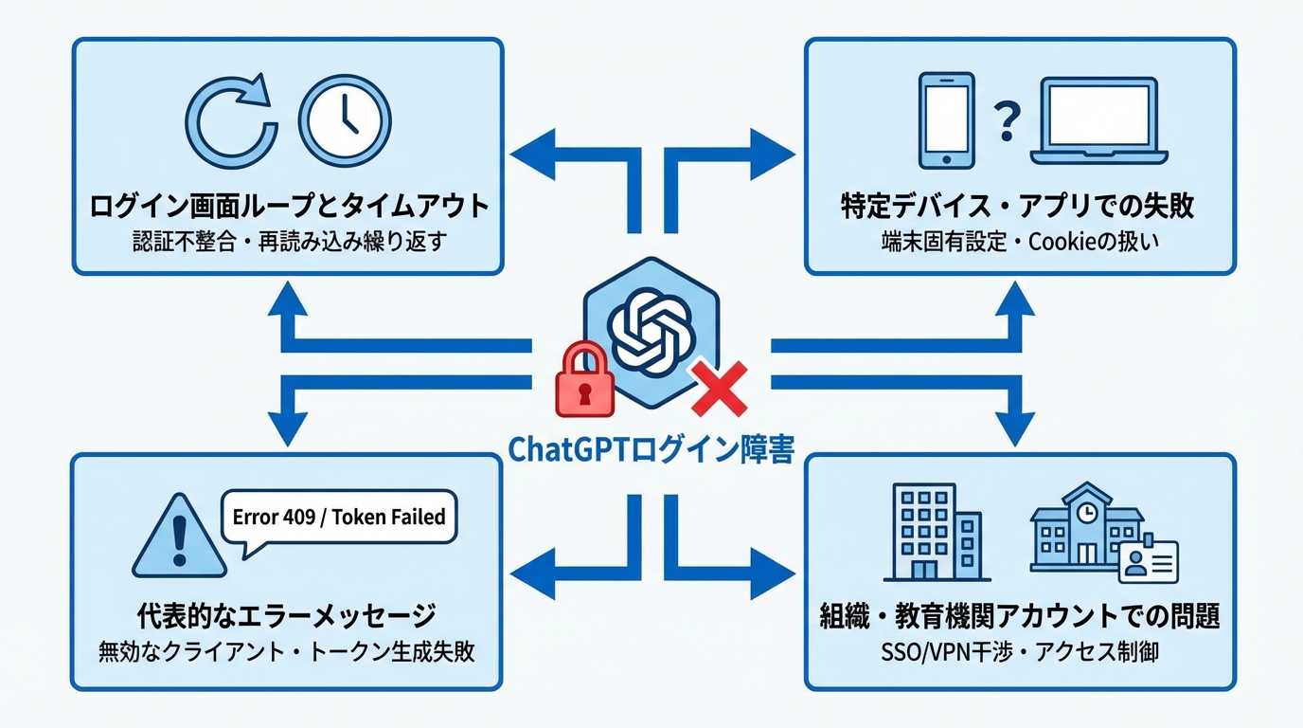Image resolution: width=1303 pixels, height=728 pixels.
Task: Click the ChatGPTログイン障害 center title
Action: [x=651, y=449]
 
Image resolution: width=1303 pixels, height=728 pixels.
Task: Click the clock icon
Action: [x=344, y=120]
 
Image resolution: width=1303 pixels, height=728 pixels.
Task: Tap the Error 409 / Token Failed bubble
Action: [x=338, y=518]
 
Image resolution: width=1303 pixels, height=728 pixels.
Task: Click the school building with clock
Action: [x=1085, y=531]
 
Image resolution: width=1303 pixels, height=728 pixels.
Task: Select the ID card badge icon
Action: [x=1148, y=561]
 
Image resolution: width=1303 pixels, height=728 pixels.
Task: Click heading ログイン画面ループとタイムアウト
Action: [x=288, y=206]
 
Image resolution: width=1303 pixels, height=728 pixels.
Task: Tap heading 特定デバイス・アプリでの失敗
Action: [x=1019, y=206]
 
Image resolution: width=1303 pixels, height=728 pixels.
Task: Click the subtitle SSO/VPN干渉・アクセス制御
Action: [x=1019, y=653]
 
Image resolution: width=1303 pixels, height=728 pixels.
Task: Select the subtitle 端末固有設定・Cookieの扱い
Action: [x=1019, y=242]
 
